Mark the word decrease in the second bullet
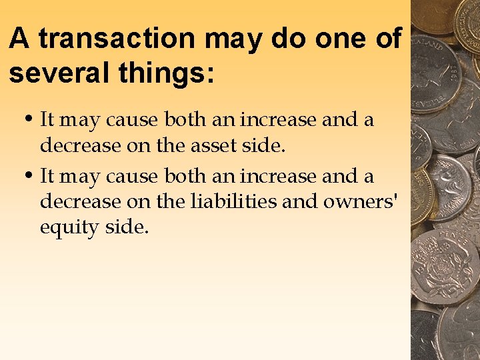tap(79, 201)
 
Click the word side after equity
tap(126, 227)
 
